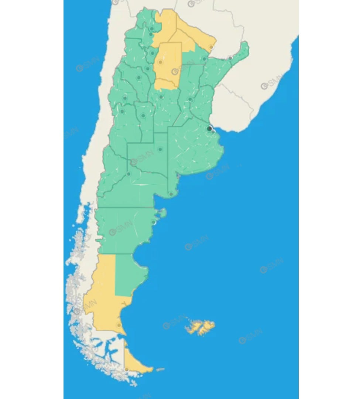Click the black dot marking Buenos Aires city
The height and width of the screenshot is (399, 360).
point(209,129)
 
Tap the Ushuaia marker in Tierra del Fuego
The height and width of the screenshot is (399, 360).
point(127,369)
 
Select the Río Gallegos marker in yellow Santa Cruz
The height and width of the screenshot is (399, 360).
point(119,325)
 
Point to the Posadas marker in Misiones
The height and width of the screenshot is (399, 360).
point(230,58)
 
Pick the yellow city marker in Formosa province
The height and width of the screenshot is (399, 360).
point(211,47)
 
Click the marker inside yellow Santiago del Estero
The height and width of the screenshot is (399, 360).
point(160,62)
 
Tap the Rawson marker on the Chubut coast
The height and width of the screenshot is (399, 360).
point(154,222)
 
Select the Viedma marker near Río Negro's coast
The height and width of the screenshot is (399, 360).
point(171,194)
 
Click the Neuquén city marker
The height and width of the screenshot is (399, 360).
point(128,174)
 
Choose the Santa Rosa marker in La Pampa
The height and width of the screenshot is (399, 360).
point(160,149)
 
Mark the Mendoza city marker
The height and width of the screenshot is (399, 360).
point(122,111)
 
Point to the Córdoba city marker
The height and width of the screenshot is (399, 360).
point(161,97)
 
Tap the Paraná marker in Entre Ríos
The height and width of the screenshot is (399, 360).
point(190,99)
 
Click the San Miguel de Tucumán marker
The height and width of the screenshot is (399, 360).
point(152,53)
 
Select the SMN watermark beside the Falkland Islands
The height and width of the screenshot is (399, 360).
point(174,322)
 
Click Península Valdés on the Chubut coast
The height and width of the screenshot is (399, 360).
point(162,213)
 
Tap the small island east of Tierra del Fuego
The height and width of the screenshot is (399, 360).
point(160,369)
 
